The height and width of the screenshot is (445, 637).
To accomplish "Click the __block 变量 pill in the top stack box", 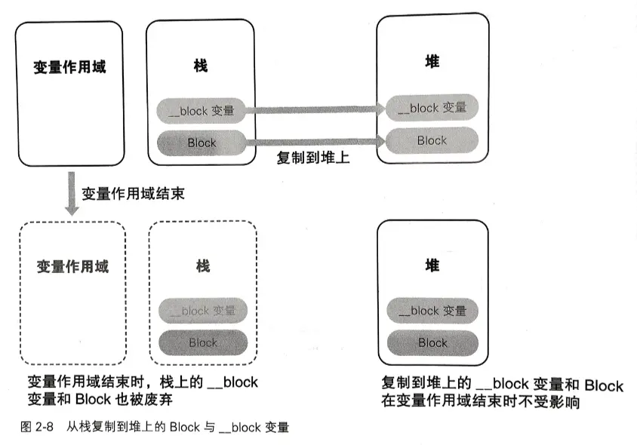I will click(x=201, y=110).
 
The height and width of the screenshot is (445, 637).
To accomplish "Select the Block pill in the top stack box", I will click(x=201, y=143).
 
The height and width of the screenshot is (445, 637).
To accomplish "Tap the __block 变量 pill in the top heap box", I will click(x=432, y=107).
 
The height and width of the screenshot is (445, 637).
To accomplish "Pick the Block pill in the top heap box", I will click(x=432, y=140).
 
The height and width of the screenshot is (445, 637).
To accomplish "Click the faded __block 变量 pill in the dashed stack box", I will click(x=202, y=310).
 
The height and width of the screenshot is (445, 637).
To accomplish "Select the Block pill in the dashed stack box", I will click(x=202, y=342).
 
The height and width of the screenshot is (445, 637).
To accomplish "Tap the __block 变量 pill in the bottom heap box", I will click(x=432, y=310).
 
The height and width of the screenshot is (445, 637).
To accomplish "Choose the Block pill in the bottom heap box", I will click(x=432, y=342).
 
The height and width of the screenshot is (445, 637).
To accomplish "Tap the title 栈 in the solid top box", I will click(x=201, y=66).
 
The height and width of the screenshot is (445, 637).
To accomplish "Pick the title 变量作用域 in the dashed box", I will click(x=72, y=266).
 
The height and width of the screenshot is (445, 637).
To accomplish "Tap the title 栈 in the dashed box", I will click(x=202, y=265).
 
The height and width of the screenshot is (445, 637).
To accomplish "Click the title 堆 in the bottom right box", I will click(x=432, y=265).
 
